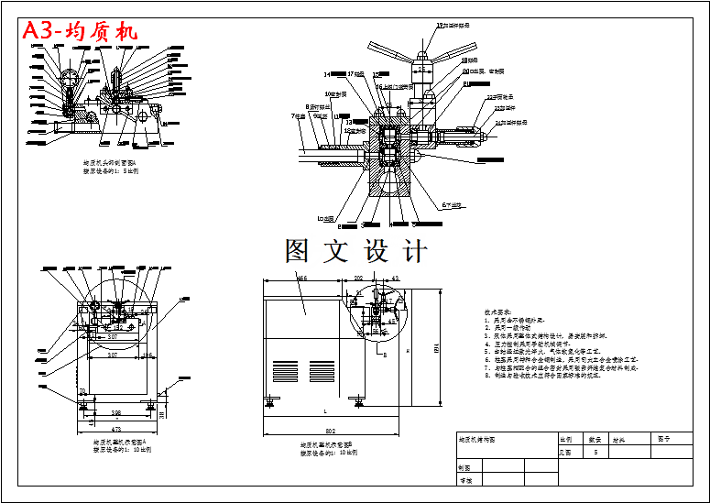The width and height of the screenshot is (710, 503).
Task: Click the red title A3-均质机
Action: (x=80, y=30)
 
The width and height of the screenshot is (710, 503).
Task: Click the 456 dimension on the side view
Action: (x=300, y=277)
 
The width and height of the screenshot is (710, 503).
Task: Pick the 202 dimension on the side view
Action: (x=359, y=277)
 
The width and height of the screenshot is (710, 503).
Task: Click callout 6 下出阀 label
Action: (x=455, y=204)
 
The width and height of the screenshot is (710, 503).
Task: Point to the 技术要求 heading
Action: (x=497, y=312)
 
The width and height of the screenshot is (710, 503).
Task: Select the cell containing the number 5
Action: (x=596, y=452)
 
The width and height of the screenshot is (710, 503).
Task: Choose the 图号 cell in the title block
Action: (x=664, y=439)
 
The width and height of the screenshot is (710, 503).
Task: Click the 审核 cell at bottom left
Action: (x=465, y=479)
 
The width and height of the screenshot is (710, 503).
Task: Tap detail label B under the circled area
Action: (x=385, y=353)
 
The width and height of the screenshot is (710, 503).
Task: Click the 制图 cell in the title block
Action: (x=465, y=466)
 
